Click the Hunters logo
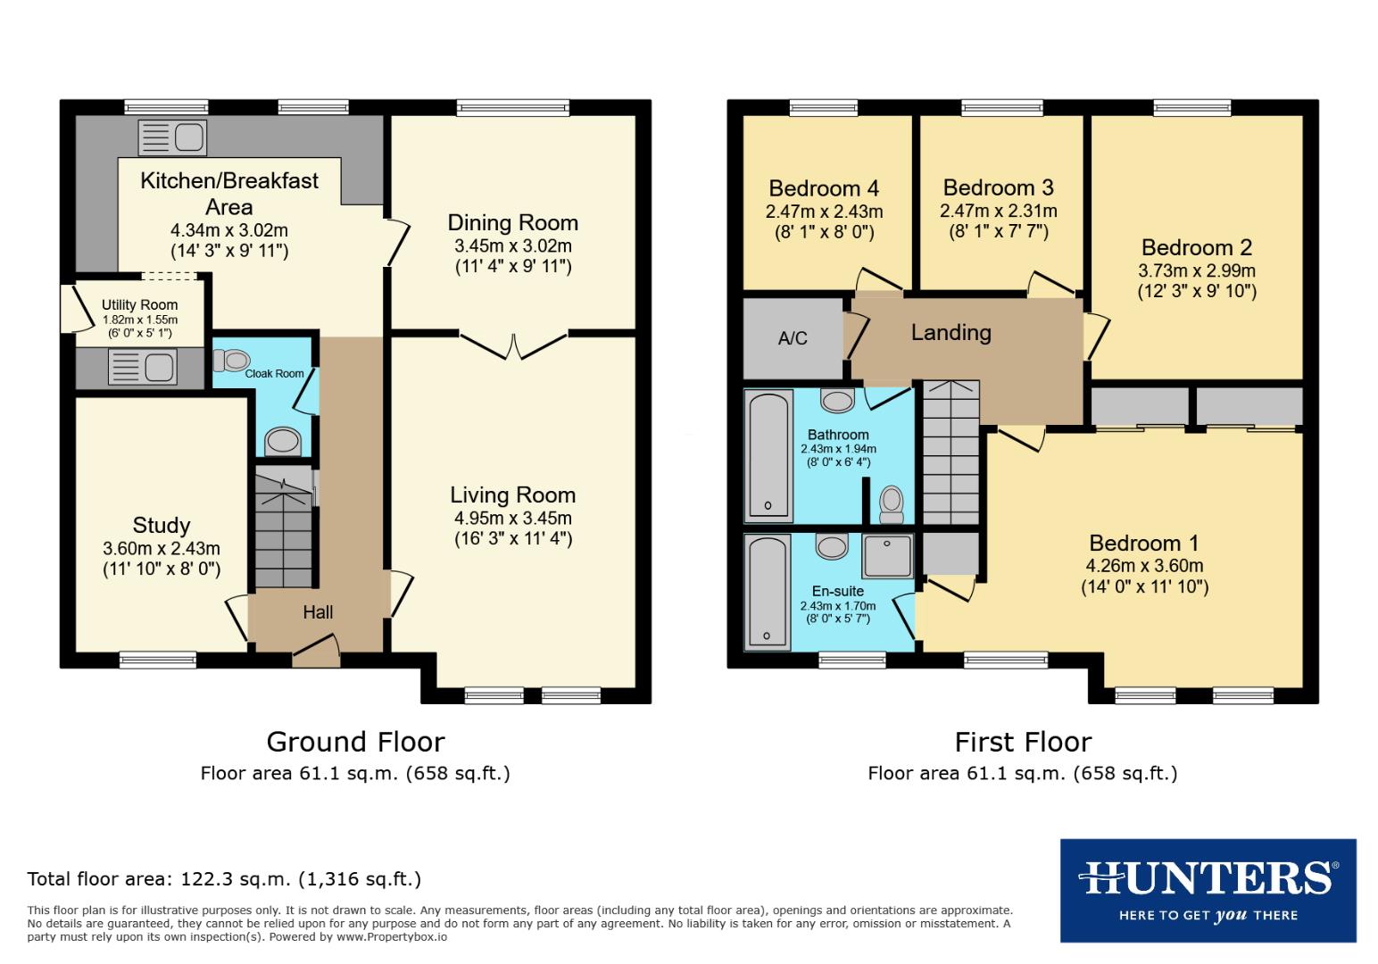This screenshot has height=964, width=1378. pyautogui.click(x=1208, y=890)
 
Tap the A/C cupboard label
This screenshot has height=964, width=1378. pyautogui.click(x=792, y=338)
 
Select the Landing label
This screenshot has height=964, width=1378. pyautogui.click(x=950, y=333)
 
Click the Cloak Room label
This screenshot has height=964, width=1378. pyautogui.click(x=274, y=373)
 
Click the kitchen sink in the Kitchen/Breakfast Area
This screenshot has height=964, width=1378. pyautogui.click(x=172, y=137)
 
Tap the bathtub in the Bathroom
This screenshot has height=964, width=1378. pyautogui.click(x=768, y=455)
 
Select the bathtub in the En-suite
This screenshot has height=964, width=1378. pyautogui.click(x=768, y=591)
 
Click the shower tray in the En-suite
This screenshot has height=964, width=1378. pyautogui.click(x=887, y=555)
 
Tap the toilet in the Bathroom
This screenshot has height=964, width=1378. pyautogui.click(x=891, y=504)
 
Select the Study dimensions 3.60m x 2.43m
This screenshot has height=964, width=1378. pyautogui.click(x=162, y=549)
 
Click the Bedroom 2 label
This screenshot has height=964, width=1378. pyautogui.click(x=1196, y=247)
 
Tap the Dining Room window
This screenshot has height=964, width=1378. pyautogui.click(x=513, y=108)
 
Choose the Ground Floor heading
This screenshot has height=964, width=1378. pyautogui.click(x=355, y=742)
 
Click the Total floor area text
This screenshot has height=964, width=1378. pyautogui.click(x=224, y=879)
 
